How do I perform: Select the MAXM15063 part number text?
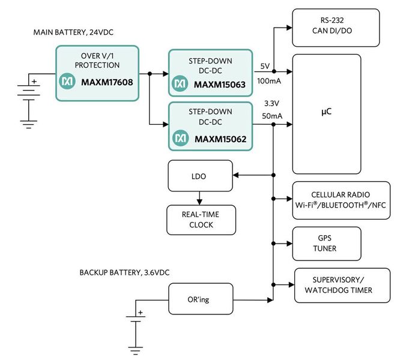[220, 85]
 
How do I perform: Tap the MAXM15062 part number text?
[220, 139]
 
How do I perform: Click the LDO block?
[199, 176]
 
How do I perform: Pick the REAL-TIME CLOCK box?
[201, 220]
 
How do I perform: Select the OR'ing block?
[199, 298]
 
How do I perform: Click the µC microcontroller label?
[326, 112]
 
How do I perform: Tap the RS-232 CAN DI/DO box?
[335, 28]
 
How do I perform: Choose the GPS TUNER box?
[326, 243]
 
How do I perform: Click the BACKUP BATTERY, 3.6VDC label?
[125, 272]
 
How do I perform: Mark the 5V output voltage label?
[265, 67]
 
